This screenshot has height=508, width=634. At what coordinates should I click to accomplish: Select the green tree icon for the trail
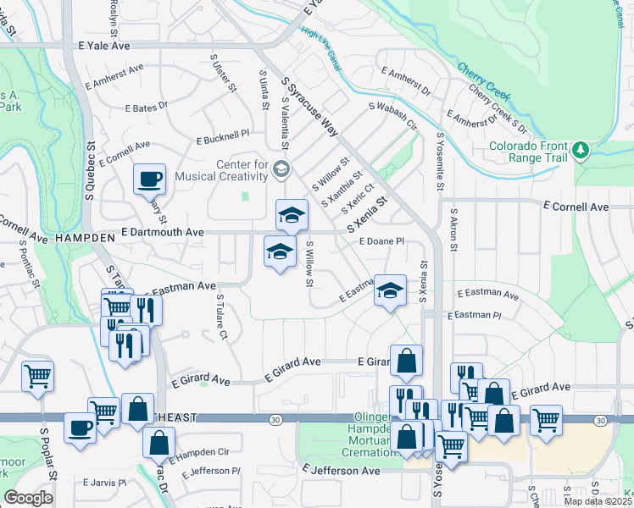tap(581, 151)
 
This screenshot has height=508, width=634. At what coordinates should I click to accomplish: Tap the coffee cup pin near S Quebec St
tap(149, 179)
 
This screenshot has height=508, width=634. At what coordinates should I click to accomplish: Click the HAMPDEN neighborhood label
tap(84, 239)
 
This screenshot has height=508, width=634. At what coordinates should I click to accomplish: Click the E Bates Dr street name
tap(147, 108)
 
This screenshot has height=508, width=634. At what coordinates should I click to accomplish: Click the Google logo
tap(28, 498)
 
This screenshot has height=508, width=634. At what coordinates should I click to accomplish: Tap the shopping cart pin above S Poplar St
tap(37, 375)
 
